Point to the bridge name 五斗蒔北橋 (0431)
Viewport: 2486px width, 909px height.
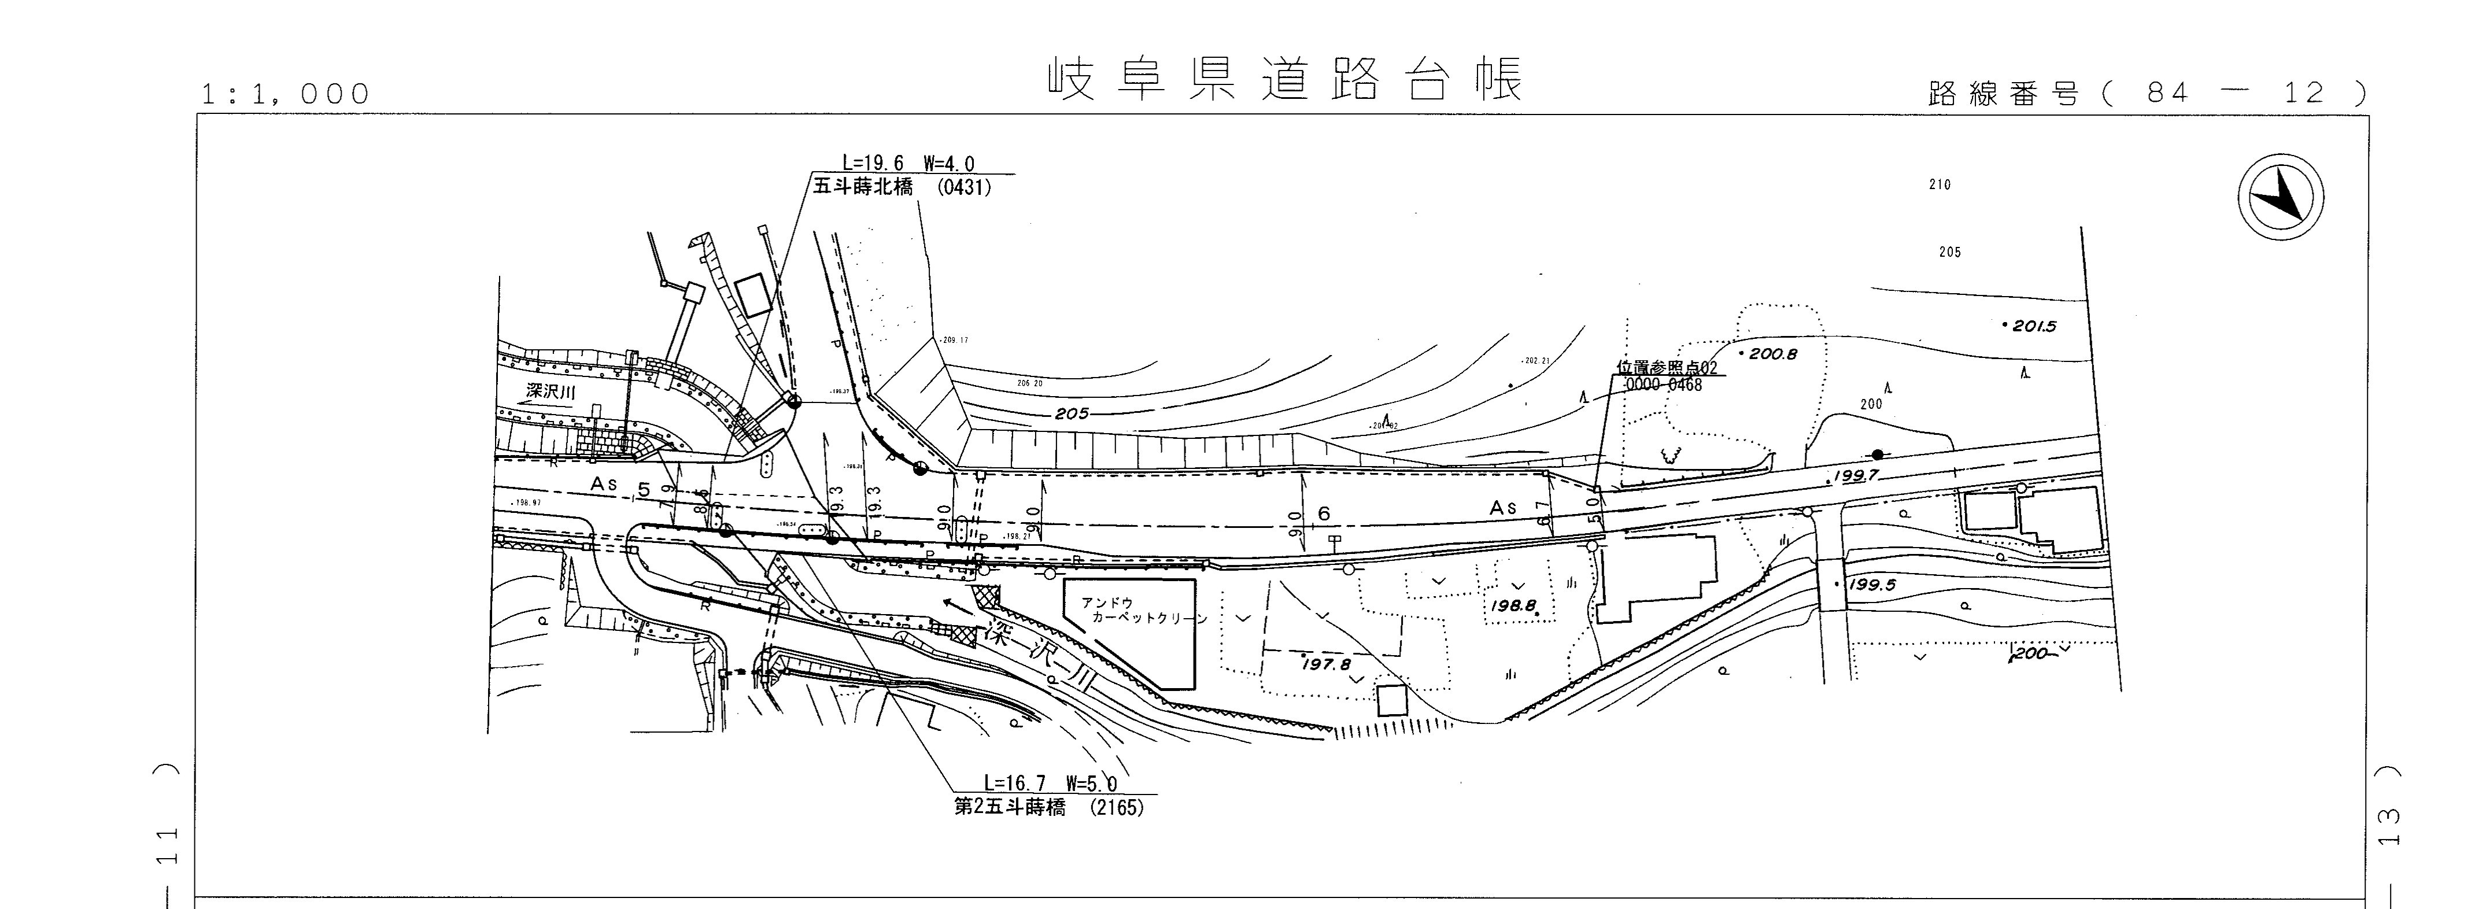(x=902, y=187)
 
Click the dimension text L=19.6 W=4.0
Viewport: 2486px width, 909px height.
(x=908, y=164)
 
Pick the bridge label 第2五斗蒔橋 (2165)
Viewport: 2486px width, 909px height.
(x=1048, y=807)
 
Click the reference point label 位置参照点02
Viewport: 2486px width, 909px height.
(x=1668, y=368)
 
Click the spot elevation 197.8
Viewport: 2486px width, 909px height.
(x=1327, y=664)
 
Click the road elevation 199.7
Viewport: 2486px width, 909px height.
(x=1854, y=476)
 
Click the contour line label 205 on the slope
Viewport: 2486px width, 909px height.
(x=1071, y=413)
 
